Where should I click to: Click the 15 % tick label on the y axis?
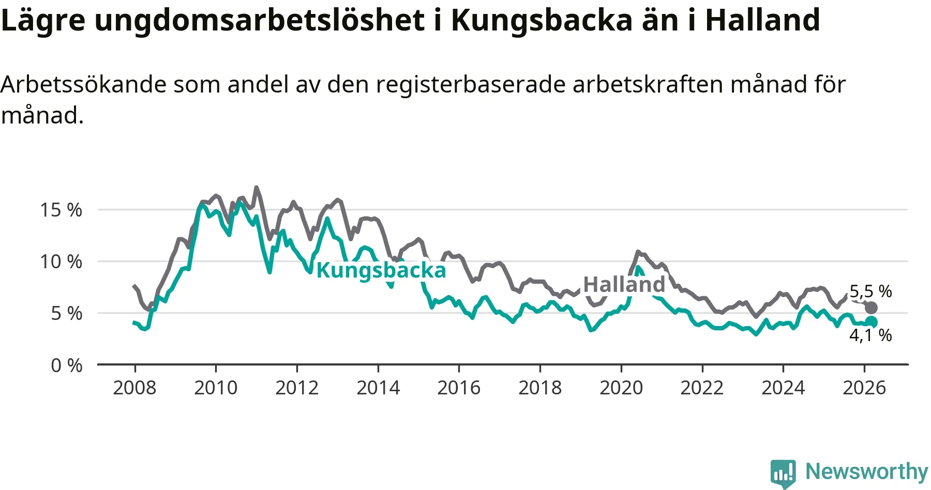tap(61, 210)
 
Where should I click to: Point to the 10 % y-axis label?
tap(61, 262)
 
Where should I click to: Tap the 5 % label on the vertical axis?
tap(66, 313)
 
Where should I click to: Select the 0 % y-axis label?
tap(66, 365)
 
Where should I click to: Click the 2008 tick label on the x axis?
tap(134, 388)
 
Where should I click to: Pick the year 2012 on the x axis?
tap(297, 388)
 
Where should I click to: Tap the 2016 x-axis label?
tap(459, 388)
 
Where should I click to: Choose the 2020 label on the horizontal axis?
tap(621, 388)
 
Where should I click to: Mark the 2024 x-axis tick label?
tap(783, 388)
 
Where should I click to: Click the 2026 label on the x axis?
tap(864, 388)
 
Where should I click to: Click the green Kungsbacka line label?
tap(381, 270)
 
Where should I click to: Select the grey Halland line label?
tap(624, 284)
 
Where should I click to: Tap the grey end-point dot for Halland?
tap(871, 308)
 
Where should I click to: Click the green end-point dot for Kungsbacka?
tap(871, 322)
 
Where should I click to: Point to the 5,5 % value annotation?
tap(870, 292)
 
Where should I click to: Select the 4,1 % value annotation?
tap(870, 335)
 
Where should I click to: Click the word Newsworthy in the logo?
tap(867, 471)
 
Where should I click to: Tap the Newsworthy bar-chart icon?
tap(783, 472)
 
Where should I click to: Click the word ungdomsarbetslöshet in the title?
tap(259, 21)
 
